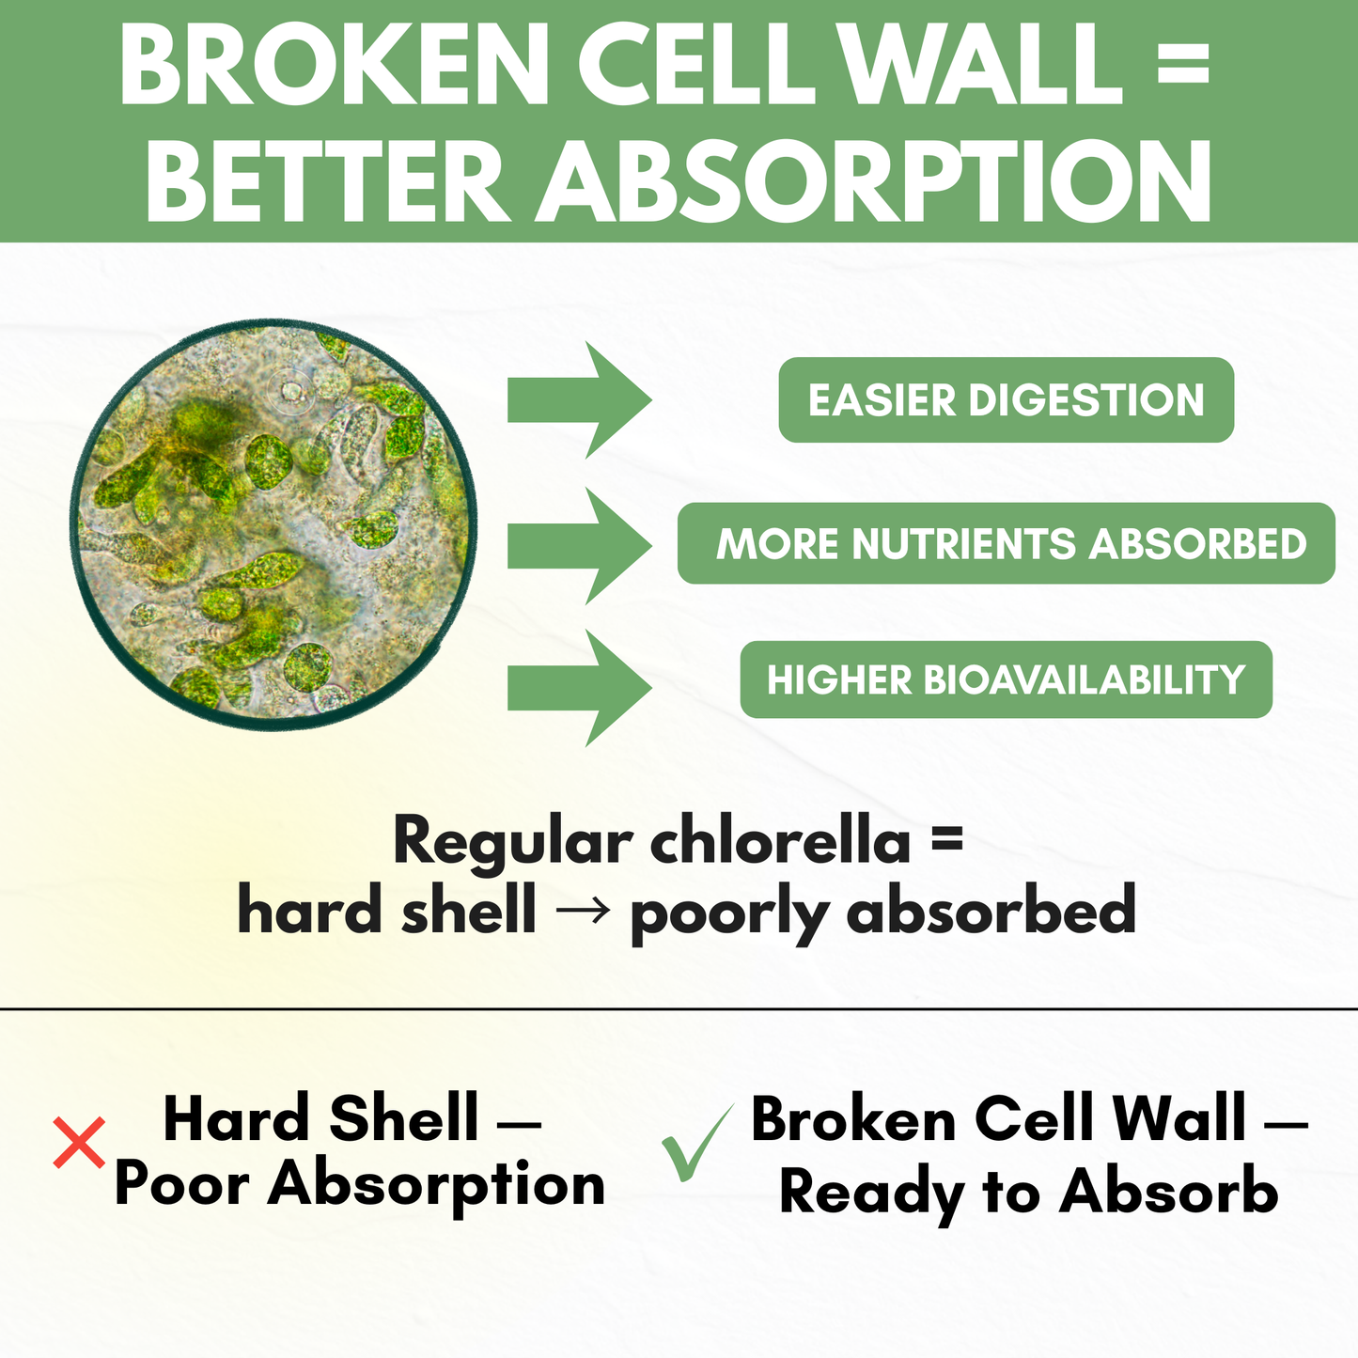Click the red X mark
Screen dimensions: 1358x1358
click(79, 1143)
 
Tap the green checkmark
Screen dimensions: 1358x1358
click(695, 1145)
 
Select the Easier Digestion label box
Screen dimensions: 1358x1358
click(1006, 400)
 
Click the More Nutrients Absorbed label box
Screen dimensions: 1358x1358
click(1006, 544)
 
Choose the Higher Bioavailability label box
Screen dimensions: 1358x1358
click(1006, 679)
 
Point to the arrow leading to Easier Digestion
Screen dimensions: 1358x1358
click(578, 400)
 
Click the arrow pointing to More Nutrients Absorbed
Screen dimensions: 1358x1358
click(578, 546)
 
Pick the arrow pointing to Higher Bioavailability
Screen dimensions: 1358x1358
click(578, 689)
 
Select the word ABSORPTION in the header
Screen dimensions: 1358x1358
click(875, 181)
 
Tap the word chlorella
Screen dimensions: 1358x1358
click(780, 840)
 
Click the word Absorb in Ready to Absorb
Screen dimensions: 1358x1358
click(1168, 1192)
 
